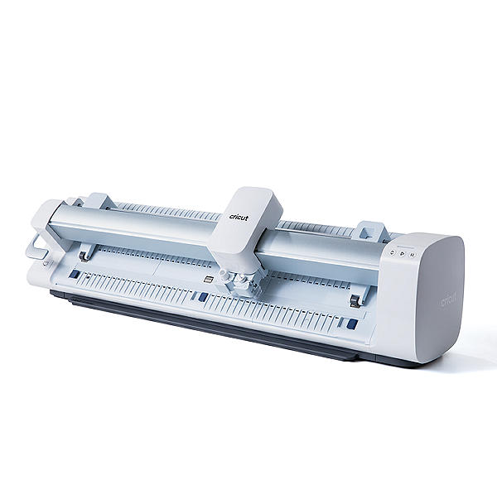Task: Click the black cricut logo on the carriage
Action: point(239,217)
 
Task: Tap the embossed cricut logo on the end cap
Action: point(448,300)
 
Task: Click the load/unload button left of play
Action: point(393,252)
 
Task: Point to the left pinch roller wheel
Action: point(84,257)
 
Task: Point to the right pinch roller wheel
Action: point(355,301)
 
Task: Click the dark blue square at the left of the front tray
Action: point(75,274)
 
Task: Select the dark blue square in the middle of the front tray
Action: point(203,297)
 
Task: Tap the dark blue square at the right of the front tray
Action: point(352,323)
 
